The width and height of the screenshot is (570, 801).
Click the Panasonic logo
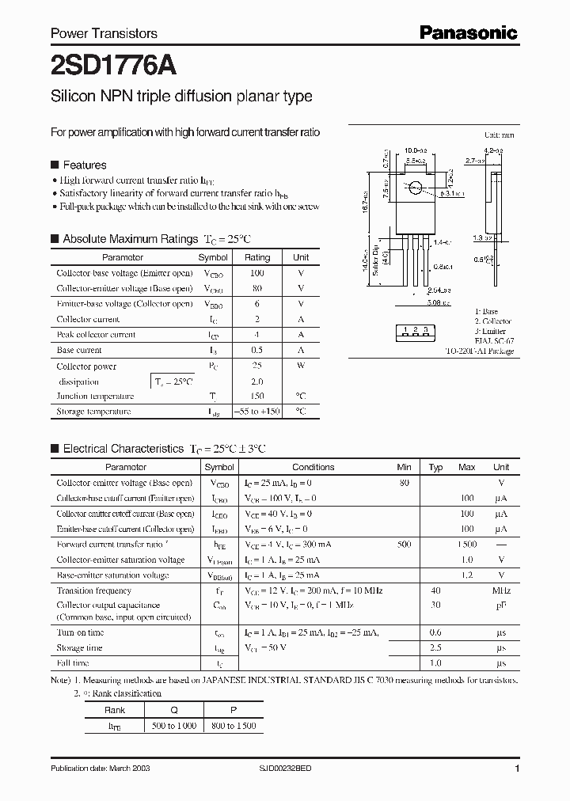point(468,32)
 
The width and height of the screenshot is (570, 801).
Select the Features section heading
point(84,165)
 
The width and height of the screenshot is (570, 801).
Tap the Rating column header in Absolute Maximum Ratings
point(257,257)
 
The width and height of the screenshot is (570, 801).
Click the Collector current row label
point(88,320)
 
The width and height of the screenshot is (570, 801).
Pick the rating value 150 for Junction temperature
point(257,397)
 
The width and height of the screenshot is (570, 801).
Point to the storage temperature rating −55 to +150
point(257,412)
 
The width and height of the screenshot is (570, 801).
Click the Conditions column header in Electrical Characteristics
point(313,467)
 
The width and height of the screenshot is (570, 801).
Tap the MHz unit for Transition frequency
point(500,591)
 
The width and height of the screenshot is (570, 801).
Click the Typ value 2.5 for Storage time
point(435,647)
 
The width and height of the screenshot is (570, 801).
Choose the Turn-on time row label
point(80,632)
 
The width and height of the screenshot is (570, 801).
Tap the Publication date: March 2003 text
point(100,769)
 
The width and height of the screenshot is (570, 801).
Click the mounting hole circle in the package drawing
point(414,188)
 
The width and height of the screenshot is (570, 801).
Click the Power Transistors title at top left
point(104,33)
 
